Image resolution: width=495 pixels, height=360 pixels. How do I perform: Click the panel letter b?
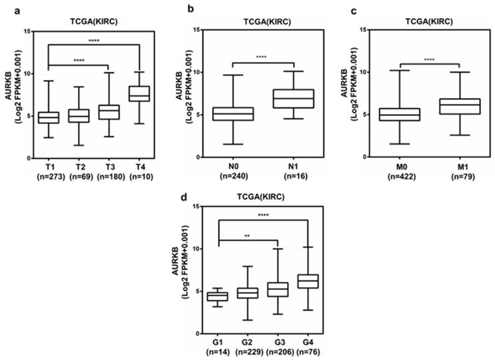click(x=173, y=9)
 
